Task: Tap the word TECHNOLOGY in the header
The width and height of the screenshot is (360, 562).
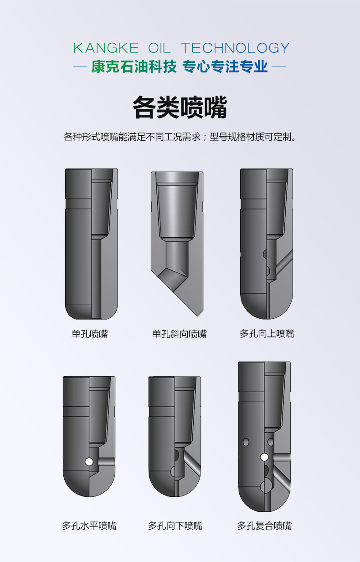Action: [235, 48]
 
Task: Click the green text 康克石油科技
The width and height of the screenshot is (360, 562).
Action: [134, 67]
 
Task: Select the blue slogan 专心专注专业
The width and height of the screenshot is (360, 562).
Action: [225, 67]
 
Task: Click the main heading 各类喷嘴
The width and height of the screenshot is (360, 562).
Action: [180, 108]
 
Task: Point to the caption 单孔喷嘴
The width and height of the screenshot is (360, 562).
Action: [90, 334]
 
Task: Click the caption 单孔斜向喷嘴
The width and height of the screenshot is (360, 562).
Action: [179, 334]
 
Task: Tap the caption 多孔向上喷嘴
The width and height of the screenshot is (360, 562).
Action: [267, 334]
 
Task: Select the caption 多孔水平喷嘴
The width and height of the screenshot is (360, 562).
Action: [89, 526]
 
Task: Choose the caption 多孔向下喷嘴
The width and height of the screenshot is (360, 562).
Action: [175, 526]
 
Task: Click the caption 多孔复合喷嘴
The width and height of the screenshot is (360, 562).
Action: [264, 526]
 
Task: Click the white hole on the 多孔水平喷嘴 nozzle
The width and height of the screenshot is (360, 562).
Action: [89, 462]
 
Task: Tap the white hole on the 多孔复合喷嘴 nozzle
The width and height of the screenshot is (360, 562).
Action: [264, 457]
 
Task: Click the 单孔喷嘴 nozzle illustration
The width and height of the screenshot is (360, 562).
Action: [91, 244]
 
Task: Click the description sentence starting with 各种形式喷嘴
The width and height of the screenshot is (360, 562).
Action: [180, 137]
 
